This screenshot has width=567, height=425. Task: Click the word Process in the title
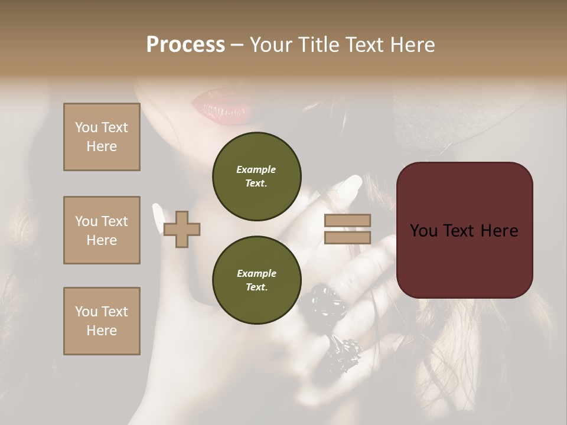185,45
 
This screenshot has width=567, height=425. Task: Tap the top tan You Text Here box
102,137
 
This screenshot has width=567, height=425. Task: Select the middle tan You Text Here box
102,230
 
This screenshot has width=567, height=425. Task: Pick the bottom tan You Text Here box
102,321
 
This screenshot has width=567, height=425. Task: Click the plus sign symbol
181,229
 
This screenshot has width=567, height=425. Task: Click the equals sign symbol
347,229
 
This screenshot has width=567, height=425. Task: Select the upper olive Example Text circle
256,176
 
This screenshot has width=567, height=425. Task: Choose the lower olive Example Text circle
256,280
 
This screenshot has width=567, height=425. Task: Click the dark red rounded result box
464,230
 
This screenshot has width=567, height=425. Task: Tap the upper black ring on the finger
322,301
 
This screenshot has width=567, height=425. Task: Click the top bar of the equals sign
347,221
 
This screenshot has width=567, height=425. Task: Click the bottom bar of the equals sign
347,237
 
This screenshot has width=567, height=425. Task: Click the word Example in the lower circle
256,273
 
